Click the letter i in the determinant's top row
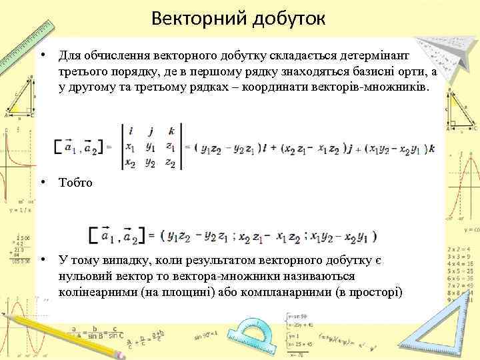(x=131, y=131)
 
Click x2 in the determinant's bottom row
(x=131, y=162)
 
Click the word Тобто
(x=75, y=181)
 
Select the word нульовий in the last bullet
(x=86, y=276)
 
